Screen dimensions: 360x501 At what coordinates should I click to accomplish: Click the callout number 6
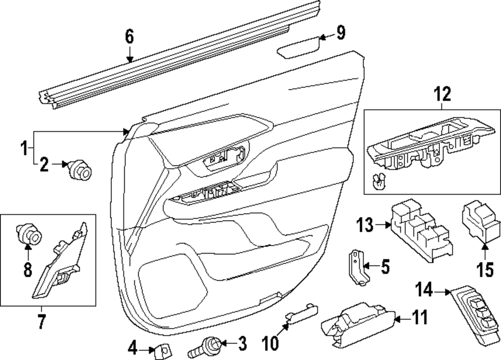[129, 36]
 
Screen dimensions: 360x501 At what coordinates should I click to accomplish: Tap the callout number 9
[340, 33]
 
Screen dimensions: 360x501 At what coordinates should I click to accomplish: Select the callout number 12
[443, 94]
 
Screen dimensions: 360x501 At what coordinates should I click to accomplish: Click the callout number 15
[483, 270]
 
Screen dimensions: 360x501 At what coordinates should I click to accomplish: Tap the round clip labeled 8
[28, 232]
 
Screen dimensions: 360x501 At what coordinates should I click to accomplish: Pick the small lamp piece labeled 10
[302, 313]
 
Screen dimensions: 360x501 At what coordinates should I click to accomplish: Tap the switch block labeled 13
[419, 230]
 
